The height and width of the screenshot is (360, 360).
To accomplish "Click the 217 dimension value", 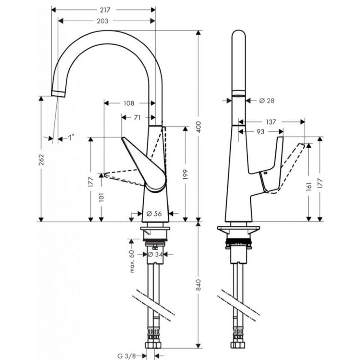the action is tap(105, 10).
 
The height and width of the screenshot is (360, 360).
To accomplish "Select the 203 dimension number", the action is tap(103, 21).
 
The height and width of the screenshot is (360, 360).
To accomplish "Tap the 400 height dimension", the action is tap(198, 127).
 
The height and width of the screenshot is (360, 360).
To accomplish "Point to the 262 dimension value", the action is tap(41, 160).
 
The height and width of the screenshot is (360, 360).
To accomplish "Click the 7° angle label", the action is tap(71, 137).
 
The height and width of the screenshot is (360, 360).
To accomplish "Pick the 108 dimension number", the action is tap(129, 103).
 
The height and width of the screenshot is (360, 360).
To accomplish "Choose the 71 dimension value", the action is tap(137, 117).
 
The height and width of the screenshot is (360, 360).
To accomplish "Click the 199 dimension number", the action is tap(185, 175).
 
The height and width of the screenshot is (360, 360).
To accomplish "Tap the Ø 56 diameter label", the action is tap(154, 214).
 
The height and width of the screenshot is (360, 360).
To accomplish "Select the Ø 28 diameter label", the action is tap(266, 100).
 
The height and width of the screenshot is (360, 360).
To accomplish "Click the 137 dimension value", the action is tap(271, 122).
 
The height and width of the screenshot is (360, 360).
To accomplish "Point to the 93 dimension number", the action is tap(261, 132).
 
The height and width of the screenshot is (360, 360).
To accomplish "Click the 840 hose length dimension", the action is tap(198, 285).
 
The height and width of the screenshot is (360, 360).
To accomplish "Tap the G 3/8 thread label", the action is tap(127, 356).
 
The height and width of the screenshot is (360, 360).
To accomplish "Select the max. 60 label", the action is tap(132, 261).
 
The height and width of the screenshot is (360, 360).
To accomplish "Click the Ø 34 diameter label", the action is tap(155, 254).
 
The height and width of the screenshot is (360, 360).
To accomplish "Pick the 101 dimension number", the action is tap(102, 197).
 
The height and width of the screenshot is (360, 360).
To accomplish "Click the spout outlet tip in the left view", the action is tap(58, 94).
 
